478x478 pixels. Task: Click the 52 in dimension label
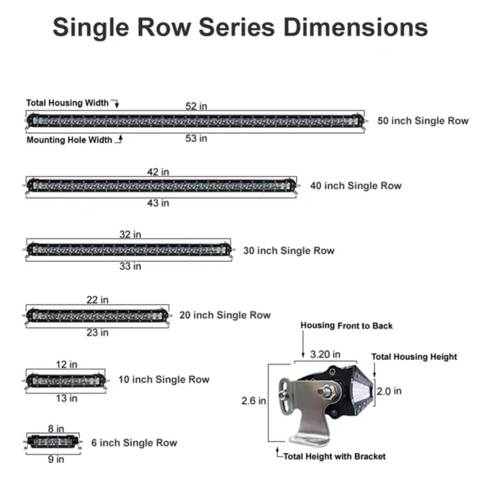[x=196, y=106]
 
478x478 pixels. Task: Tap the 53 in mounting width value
[x=196, y=139]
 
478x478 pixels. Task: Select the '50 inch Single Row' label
[x=423, y=121]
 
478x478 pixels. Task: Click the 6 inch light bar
[x=53, y=441]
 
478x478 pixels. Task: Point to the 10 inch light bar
[x=66, y=380]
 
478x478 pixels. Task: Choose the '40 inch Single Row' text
[x=355, y=185]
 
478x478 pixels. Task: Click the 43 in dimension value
[x=158, y=203]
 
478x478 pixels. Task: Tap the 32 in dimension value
[x=130, y=235]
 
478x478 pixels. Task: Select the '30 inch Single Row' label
[x=289, y=251]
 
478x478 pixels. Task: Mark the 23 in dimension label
[x=97, y=332]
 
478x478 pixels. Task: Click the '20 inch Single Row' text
[x=225, y=316]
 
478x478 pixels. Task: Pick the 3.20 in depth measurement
[x=325, y=355]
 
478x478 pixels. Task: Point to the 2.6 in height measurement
[x=254, y=401]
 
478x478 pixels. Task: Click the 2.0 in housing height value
[x=389, y=391]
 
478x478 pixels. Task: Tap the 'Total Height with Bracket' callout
[x=334, y=456]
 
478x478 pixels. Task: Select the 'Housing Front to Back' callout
[x=347, y=326]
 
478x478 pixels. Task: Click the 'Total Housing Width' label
[x=67, y=103]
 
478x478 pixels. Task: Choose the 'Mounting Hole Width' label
[x=69, y=140]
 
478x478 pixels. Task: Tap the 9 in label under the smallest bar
[x=56, y=459]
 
